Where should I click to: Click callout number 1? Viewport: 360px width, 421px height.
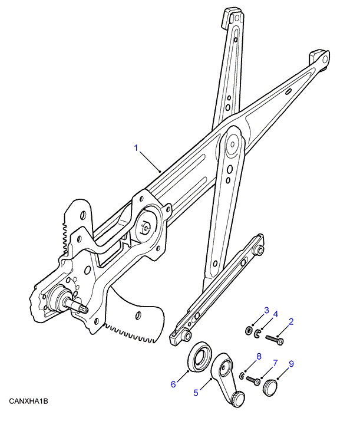[x=136, y=148]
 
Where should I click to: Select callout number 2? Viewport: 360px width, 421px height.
[x=291, y=322]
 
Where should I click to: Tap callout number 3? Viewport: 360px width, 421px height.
[x=266, y=310]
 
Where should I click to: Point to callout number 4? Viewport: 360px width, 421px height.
[x=276, y=314]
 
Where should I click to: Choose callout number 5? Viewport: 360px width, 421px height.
[x=196, y=393]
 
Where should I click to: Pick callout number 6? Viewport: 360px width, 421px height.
[x=173, y=384]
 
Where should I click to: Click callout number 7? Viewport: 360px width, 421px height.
[x=275, y=363]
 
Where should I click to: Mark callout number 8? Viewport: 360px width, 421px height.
[x=259, y=357]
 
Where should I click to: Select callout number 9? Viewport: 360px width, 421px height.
[x=291, y=364]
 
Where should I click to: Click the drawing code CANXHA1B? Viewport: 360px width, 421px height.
[x=28, y=402]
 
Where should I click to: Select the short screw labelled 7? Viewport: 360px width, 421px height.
[x=253, y=380]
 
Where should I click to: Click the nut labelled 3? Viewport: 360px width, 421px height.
[x=249, y=330]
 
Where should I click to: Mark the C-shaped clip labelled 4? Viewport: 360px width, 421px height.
[x=257, y=334]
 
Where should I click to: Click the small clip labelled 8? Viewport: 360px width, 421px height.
[x=242, y=376]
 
